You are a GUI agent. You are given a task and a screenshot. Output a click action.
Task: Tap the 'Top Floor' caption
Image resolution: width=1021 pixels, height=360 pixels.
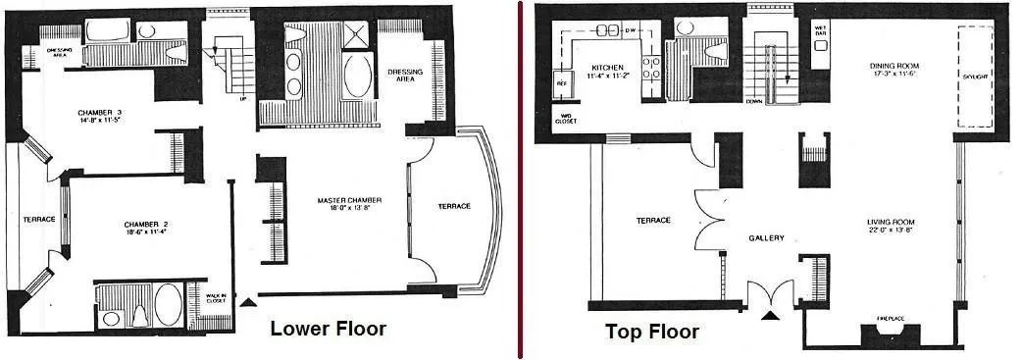pos(652,333)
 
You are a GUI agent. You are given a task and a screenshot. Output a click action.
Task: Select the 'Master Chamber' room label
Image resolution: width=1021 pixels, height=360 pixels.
pos(348,201)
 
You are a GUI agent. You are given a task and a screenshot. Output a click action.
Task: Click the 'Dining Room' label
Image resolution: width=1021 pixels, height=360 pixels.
pos(897,68)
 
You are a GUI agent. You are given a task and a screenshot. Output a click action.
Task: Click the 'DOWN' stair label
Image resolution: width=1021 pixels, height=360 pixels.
pos(753,100)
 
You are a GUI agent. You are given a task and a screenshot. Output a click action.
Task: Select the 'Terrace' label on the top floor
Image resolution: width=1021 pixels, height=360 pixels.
pos(653,220)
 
